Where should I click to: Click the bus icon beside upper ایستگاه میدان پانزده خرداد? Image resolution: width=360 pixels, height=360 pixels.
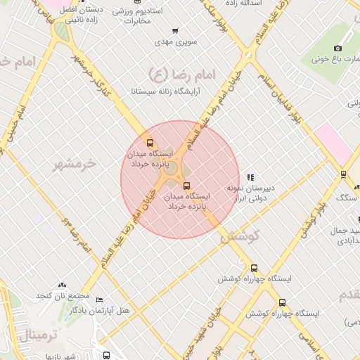coord(148,142)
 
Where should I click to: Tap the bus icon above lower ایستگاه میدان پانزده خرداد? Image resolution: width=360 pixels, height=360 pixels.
coord(186,186)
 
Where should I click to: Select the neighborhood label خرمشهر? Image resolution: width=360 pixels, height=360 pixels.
coord(74,165)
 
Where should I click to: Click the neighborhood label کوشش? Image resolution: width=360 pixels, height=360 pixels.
coord(240,236)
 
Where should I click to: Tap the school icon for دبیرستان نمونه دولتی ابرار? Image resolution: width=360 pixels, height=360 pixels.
coord(250,177)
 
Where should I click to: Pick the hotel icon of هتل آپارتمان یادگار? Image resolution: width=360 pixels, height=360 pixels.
coord(99,299)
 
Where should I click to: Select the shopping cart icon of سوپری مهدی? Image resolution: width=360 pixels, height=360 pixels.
coord(174,31)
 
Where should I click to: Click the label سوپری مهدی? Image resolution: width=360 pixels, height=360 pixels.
coord(174,43)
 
